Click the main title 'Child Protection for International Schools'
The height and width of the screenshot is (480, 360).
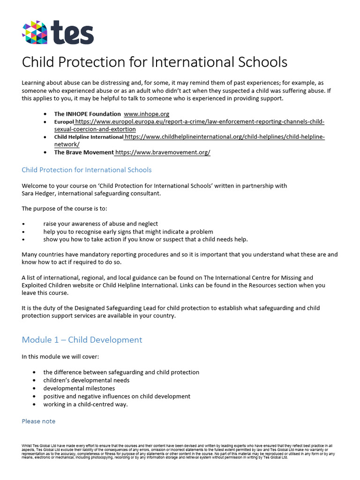coord(155,62)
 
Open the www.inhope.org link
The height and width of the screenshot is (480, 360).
coord(146,113)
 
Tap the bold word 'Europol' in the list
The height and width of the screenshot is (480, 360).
coord(64,121)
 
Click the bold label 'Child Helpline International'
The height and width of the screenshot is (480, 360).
coord(89,137)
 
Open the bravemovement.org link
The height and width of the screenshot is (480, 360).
coord(163,152)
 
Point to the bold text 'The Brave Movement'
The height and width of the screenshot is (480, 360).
coord(84,152)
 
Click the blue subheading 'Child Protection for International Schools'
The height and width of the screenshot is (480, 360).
coord(87,170)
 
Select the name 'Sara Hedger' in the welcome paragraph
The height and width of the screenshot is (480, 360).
coord(40,193)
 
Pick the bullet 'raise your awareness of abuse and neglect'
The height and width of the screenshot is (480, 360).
coord(100,224)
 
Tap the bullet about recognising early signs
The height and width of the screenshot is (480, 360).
coord(128,232)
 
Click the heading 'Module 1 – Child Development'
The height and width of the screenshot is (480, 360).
coord(82,339)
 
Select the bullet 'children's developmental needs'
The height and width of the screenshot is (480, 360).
coord(86,380)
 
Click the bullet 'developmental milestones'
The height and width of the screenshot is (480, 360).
coord(79,388)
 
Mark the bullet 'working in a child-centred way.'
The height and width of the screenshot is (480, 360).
coord(85,404)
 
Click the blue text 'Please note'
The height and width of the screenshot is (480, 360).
coord(38,421)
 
